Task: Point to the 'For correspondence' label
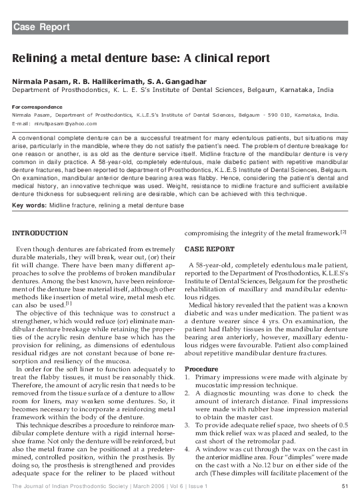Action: [37, 107]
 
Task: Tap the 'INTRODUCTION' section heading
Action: [40, 232]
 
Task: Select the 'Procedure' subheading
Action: [201, 369]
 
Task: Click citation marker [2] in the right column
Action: [343, 231]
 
